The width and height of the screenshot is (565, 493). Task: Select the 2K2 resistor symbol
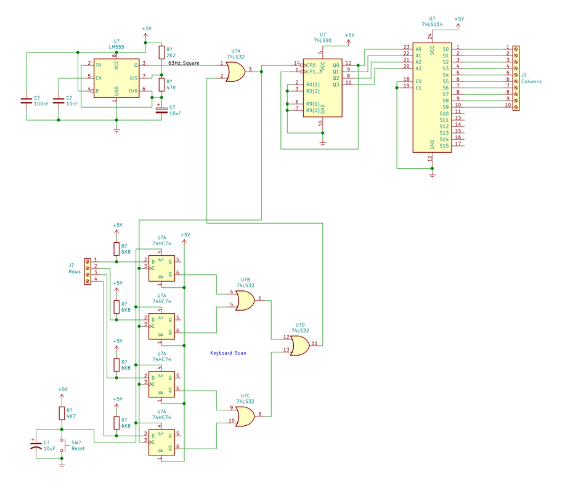point(161,52)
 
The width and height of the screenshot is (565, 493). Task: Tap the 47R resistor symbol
point(161,84)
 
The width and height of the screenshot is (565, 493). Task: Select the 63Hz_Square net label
point(184,63)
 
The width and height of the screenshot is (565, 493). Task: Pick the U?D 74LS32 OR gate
point(300,346)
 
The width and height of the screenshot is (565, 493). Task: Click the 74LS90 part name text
point(323,40)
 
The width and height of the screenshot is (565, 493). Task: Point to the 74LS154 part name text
point(432,24)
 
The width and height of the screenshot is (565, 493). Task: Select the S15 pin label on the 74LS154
point(444,145)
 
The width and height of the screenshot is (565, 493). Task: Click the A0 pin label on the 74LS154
point(418,48)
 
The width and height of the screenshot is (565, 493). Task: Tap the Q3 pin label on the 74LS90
point(336,84)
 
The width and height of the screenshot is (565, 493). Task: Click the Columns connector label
point(531,81)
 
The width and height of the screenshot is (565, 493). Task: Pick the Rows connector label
point(75,271)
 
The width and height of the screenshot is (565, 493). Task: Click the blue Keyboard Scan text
point(228,353)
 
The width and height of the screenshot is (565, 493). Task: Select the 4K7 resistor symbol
point(62,414)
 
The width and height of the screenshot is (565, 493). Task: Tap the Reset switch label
point(78,449)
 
